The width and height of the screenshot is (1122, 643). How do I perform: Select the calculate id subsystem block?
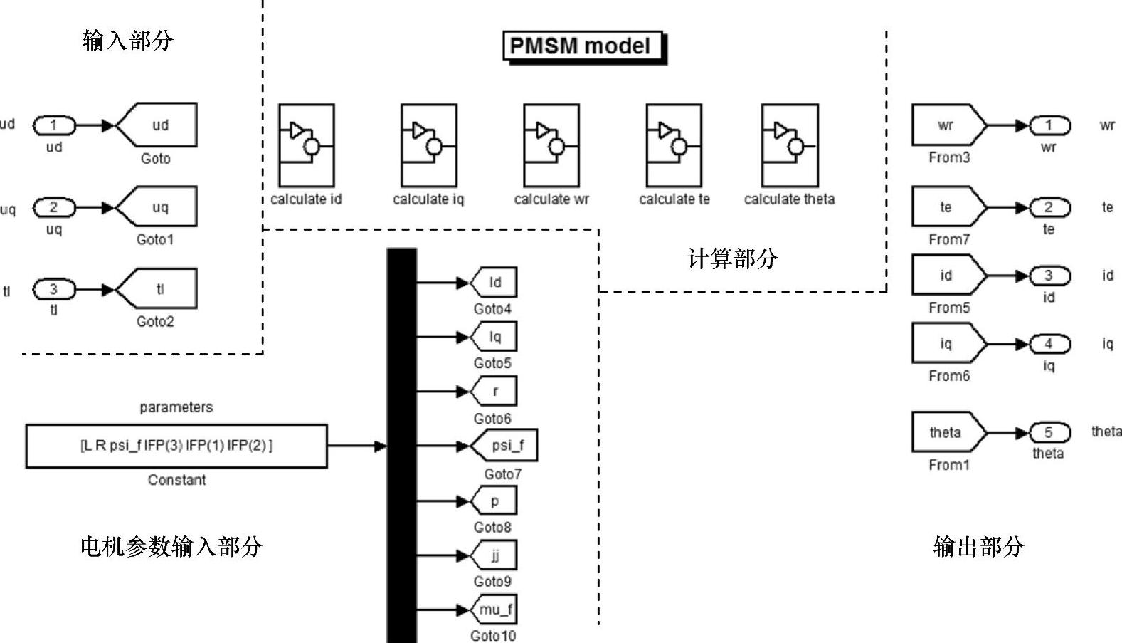pos(306,145)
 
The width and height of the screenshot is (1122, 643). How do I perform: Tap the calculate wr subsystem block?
pos(551,145)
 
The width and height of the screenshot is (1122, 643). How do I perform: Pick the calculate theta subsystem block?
pos(789,145)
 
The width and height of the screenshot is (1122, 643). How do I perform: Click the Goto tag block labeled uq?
pos(157,207)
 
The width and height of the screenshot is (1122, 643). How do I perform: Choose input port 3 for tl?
pos(53,289)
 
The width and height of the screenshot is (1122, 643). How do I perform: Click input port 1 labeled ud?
pos(53,126)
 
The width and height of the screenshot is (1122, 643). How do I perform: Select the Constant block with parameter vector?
pos(176,446)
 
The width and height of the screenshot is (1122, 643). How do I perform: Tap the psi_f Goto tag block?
pos(504,446)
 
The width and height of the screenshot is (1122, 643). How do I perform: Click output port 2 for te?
pos(1048,207)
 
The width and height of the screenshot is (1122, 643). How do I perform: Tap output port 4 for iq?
pos(1048,344)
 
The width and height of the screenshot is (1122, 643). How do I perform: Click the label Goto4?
pos(492,309)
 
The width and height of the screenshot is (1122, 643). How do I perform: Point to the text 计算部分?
pos(732,258)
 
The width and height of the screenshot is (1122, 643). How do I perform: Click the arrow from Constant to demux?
pos(356,446)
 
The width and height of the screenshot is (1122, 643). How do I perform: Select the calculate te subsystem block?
pos(673,145)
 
